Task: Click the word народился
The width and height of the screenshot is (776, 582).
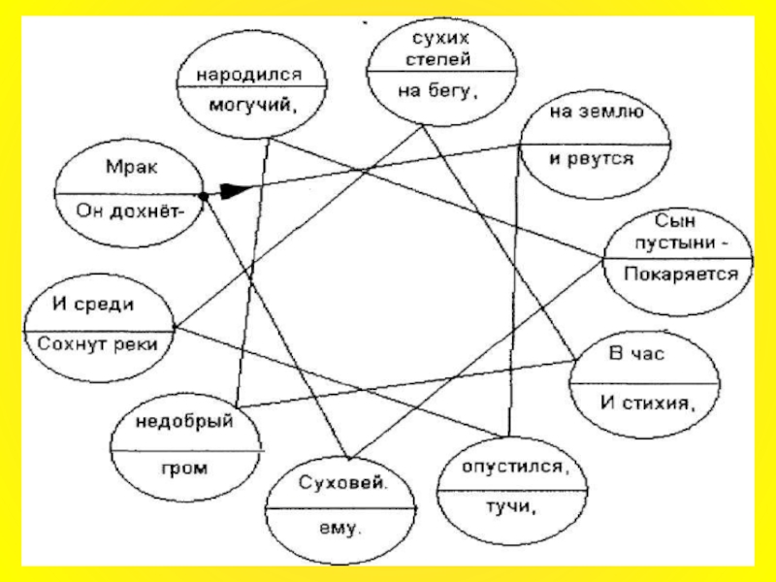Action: point(249,73)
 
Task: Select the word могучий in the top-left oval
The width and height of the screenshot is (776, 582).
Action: point(249,107)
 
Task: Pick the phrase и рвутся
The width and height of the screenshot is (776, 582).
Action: point(592,157)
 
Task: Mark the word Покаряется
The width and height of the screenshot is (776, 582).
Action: point(681,274)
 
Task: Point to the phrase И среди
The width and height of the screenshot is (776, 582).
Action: point(93,306)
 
